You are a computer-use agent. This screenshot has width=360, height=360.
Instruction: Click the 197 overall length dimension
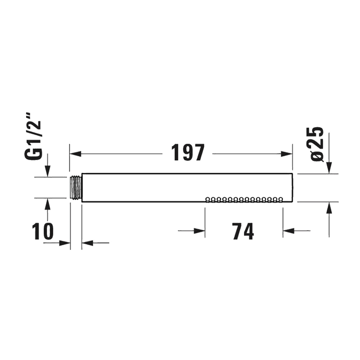[188, 153]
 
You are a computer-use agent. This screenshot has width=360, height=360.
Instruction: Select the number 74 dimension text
[243, 231]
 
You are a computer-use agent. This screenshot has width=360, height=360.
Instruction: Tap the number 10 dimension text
[44, 231]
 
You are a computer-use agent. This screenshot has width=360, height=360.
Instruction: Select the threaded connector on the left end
[75, 187]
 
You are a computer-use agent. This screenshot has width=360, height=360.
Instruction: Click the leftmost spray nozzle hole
[208, 199]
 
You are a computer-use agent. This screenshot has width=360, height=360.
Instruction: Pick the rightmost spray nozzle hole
[280, 199]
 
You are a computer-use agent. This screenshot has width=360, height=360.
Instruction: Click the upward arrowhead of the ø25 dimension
[329, 207]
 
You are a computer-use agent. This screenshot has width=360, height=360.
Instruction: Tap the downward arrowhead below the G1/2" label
[47, 172]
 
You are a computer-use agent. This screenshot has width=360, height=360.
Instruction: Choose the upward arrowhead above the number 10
[47, 203]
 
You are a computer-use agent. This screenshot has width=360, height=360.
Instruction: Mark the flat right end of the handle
[292, 188]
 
